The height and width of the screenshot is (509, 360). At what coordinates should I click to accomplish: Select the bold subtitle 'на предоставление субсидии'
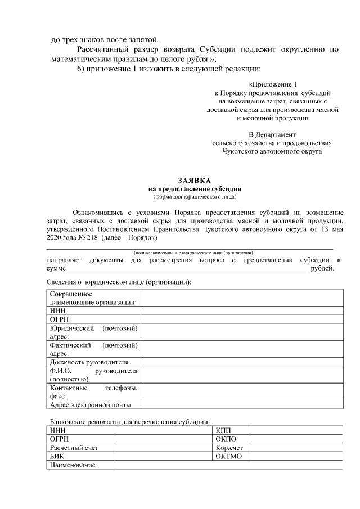[194, 190]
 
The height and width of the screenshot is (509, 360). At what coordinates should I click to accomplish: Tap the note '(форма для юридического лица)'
[194, 197]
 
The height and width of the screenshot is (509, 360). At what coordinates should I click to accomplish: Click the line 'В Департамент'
[272, 134]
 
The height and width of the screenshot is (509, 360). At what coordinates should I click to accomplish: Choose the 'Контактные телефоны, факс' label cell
[93, 392]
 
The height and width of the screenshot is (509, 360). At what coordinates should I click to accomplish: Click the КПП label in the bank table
[223, 430]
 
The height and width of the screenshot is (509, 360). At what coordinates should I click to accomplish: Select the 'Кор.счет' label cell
[228, 448]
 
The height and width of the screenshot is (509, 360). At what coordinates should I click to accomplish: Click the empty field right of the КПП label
[296, 430]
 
